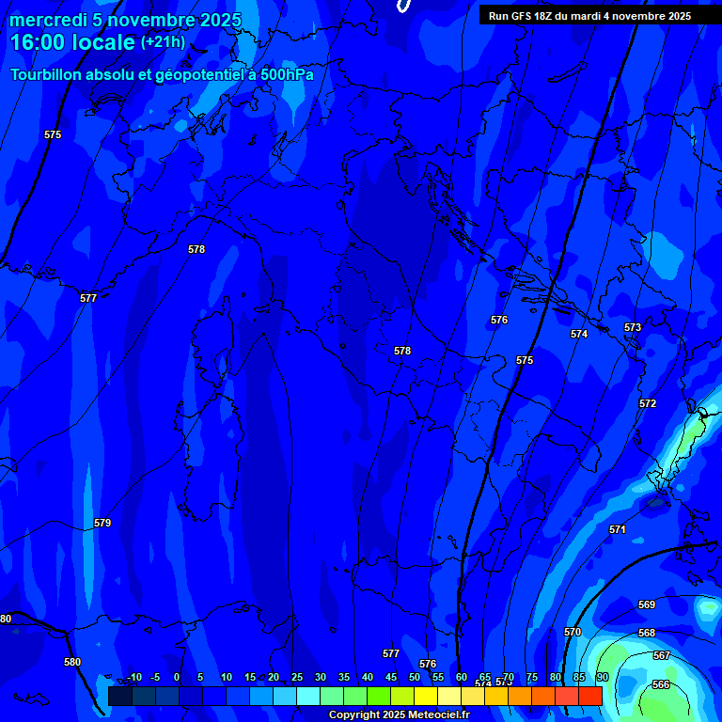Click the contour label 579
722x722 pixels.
coord(102,523)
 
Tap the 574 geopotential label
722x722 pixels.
coord(579,334)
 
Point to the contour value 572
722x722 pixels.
coord(648,403)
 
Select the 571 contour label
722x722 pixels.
coord(617,530)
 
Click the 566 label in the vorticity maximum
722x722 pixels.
coord(661,684)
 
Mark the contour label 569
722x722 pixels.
coord(647,604)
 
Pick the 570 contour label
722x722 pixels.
coord(573,632)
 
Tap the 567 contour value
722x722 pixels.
coord(661,655)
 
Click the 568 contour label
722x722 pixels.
coord(647,633)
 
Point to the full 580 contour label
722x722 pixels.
coord(72,662)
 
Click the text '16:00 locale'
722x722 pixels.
coord(72,42)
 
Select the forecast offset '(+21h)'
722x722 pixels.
coord(163,42)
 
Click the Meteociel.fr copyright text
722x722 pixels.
coord(398,714)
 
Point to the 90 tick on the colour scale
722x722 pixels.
coord(602,677)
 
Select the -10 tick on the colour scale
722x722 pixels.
coord(134,677)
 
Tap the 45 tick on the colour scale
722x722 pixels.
coord(391,677)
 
